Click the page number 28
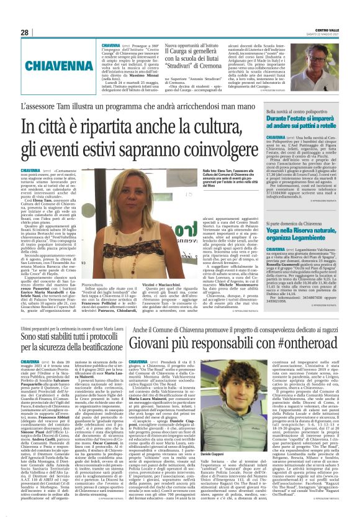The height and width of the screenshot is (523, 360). pos(24,32)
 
